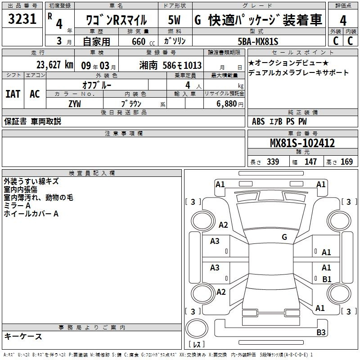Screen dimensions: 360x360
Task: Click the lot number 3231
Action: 22,18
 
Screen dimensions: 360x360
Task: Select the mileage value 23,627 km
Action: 54,65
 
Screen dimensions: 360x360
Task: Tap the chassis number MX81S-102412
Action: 302,143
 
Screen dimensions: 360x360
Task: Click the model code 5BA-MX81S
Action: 258,41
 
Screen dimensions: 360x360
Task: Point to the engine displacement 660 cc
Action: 143,42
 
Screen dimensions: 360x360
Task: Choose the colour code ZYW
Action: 75,104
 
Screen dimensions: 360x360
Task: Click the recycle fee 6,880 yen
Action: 230,104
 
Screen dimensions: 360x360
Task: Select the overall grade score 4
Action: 343,20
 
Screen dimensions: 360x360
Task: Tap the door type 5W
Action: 174,20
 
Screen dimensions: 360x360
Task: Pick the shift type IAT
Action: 13,94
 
